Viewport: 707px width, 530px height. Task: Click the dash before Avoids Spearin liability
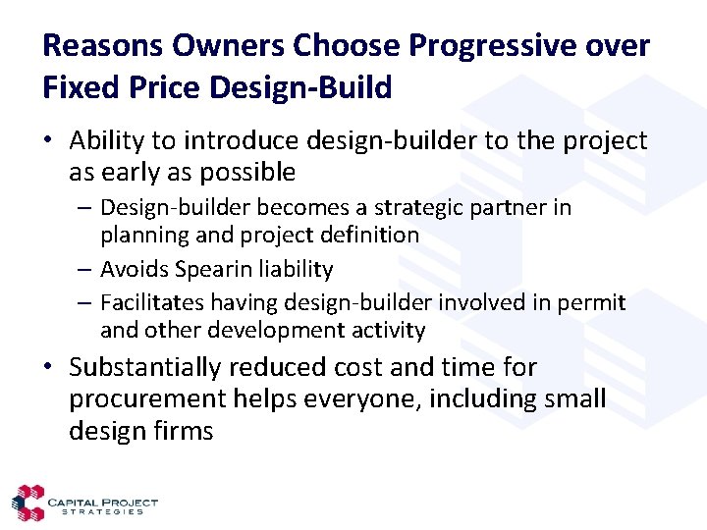point(86,269)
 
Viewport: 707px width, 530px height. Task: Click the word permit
point(591,302)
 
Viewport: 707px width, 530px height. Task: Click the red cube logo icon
point(27,503)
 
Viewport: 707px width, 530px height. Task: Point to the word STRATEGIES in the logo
point(102,511)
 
